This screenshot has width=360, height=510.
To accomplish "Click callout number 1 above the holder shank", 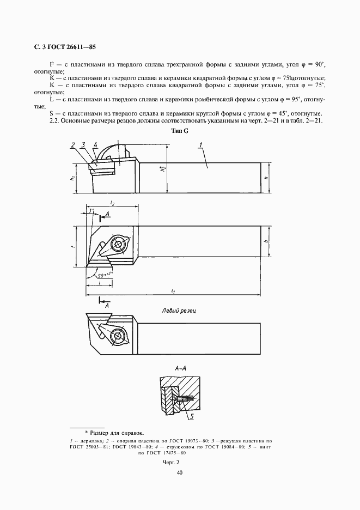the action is point(200,144).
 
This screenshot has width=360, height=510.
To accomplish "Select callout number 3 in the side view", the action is point(83,144).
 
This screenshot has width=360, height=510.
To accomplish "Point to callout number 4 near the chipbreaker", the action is point(95,144).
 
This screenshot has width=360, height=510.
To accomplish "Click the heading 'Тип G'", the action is point(179,132).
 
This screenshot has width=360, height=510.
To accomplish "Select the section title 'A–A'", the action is point(181,369).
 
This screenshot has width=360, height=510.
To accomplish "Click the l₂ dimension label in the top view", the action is point(112,203).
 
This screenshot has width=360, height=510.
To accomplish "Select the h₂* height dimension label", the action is point(162,170).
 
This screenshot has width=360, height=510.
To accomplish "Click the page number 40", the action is point(179,472).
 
